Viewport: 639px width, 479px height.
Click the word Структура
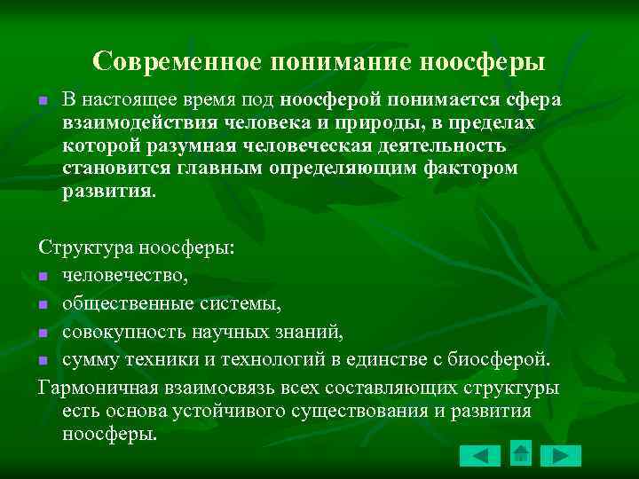coord(77,248)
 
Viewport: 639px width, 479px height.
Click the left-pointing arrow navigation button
coord(480,456)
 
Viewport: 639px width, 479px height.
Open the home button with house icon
coord(521,454)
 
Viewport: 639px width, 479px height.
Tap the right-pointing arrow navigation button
coord(560,456)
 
